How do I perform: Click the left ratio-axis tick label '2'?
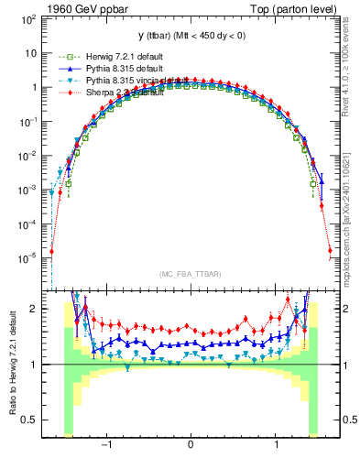(x=33, y=309)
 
